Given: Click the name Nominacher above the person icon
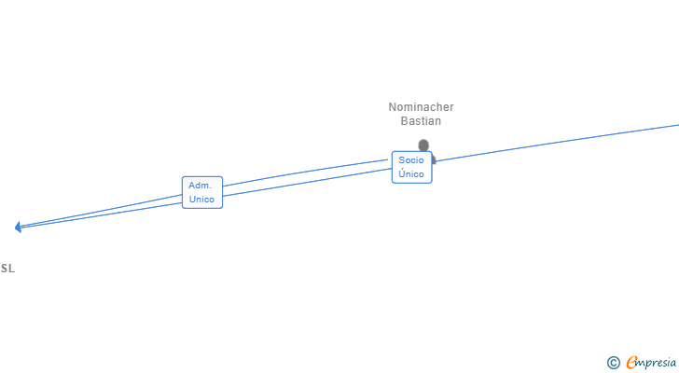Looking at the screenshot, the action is tap(421, 107).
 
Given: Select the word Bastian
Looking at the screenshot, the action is tap(421, 121).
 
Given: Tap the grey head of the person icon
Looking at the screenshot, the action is tap(423, 145).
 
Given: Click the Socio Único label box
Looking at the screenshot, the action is tap(411, 167).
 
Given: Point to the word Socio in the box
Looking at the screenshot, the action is tap(411, 160).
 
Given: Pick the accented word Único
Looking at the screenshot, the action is tap(411, 174).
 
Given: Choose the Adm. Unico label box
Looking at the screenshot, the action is tap(202, 192).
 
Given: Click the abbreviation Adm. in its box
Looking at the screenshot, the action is tap(201, 186).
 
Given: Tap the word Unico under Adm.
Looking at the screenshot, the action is tap(202, 200).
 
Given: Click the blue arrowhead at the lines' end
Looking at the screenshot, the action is tap(18, 227).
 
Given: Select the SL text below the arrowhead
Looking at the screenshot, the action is tap(7, 269).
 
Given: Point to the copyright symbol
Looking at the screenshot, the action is tap(613, 363).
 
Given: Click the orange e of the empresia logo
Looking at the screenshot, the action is tap(631, 363).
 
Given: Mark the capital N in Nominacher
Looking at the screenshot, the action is tap(393, 107).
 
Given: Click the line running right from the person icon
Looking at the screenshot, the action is tap(560, 142).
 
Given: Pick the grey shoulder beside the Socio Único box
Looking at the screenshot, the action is tap(434, 159).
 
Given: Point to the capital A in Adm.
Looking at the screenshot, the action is tap(191, 186).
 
